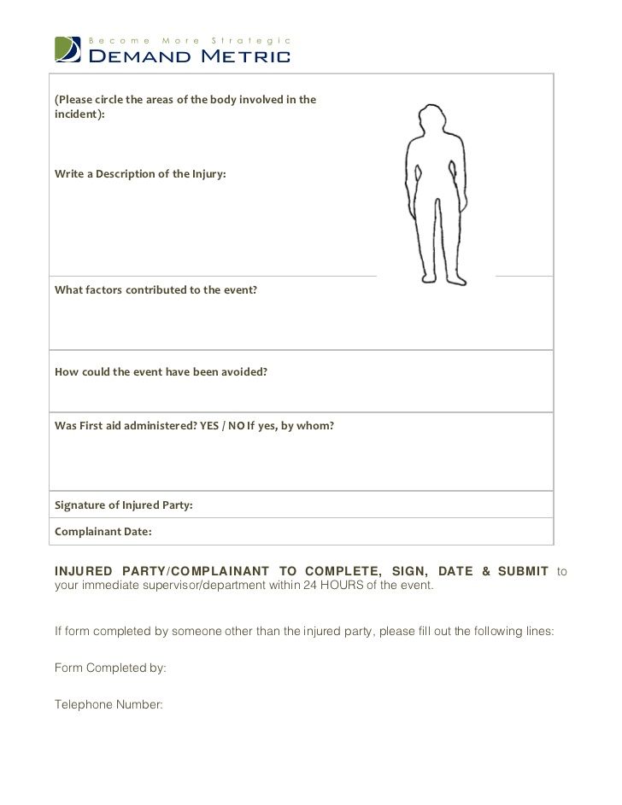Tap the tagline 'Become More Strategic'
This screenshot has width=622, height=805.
[190, 40]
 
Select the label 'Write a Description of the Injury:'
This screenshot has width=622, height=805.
[141, 174]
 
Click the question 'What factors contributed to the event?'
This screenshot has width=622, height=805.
[155, 290]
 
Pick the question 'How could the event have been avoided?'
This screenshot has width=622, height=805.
[161, 372]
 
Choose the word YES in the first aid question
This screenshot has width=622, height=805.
[209, 426]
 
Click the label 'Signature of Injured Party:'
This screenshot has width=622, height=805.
[124, 505]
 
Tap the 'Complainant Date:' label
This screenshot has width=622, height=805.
[103, 532]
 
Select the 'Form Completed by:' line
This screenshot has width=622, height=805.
[110, 668]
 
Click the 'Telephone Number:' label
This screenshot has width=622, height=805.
[109, 705]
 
